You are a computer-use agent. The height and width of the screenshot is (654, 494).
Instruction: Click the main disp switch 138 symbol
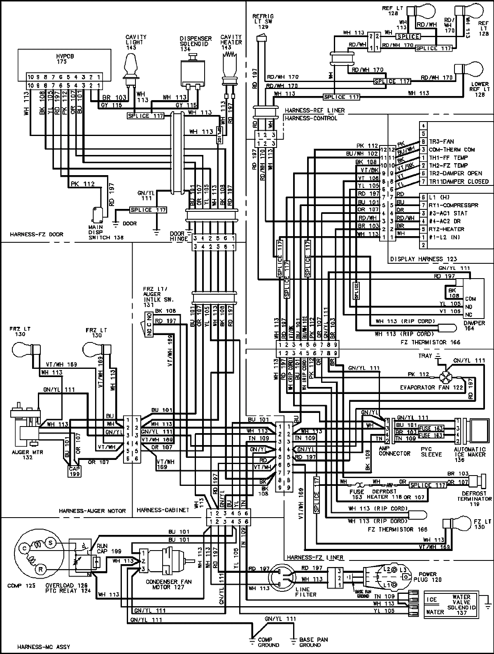(x=97, y=213)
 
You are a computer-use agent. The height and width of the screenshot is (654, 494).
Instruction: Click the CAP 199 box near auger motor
(x=74, y=471)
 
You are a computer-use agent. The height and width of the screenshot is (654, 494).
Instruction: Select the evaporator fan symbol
(x=445, y=376)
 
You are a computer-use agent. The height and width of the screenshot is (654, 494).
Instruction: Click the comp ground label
(x=268, y=642)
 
